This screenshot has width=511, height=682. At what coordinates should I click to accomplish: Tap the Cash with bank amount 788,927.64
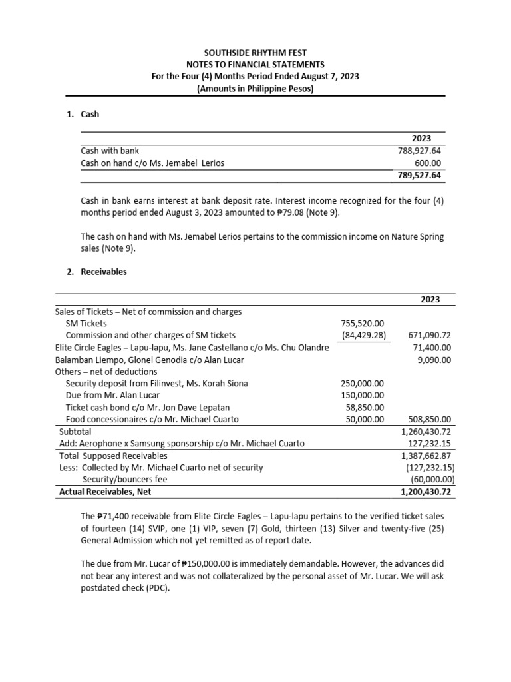pyautogui.click(x=419, y=151)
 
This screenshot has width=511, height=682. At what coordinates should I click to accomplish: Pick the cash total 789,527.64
pyautogui.click(x=419, y=175)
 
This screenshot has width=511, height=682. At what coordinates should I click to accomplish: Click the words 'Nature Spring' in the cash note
pyautogui.click(x=417, y=236)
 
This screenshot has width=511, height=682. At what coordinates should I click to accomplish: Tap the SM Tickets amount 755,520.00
pyautogui.click(x=362, y=323)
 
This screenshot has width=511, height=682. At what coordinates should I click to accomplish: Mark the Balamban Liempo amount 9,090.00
pyautogui.click(x=432, y=360)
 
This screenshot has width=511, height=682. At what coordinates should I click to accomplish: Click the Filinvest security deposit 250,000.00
pyautogui.click(x=362, y=384)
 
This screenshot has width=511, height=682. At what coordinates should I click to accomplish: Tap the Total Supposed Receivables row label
pyautogui.click(x=113, y=456)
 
